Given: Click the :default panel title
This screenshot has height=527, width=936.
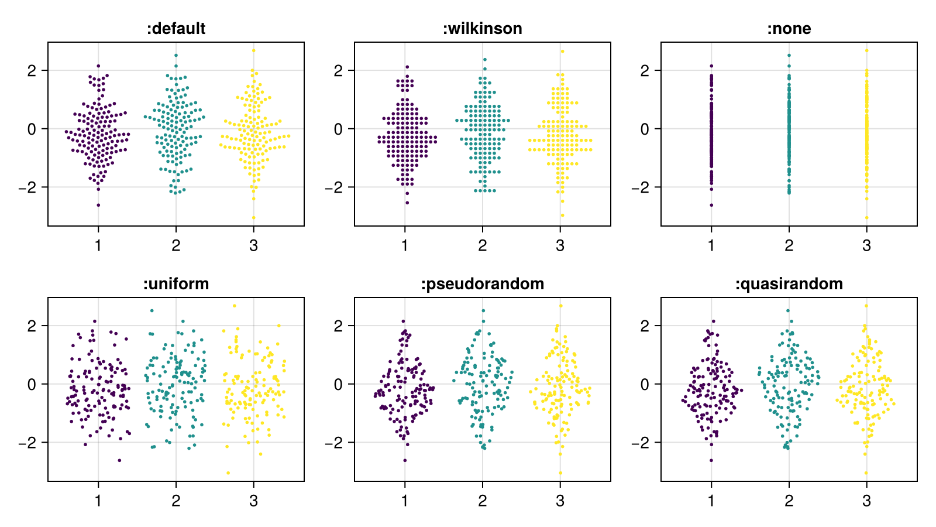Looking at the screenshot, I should (175, 29).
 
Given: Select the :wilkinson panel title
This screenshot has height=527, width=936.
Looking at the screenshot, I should (482, 29).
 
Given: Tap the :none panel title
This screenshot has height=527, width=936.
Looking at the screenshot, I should (789, 29).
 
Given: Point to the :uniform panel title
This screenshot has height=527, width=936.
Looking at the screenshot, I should (175, 284).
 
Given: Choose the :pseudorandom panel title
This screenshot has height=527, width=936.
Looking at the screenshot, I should (482, 284).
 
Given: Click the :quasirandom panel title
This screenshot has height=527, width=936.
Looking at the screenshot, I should (789, 284).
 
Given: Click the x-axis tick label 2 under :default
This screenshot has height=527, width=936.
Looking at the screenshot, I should (175, 245).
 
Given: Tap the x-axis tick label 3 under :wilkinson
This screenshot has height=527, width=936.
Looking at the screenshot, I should (560, 245).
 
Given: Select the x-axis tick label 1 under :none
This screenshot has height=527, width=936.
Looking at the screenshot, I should (711, 245).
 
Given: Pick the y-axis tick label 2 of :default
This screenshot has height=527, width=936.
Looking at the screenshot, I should (31, 70).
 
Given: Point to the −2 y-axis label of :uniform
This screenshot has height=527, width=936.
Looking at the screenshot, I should (27, 443).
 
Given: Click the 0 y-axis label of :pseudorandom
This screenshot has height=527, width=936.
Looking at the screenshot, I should (338, 384).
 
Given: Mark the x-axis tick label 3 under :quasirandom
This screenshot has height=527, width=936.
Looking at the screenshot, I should (866, 501).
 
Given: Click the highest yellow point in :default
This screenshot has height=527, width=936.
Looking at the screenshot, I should (253, 50).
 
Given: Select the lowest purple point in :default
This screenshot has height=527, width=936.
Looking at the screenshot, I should (98, 205).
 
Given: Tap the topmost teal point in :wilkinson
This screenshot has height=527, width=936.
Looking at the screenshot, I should (484, 59).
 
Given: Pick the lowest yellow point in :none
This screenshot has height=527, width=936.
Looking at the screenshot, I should (866, 218).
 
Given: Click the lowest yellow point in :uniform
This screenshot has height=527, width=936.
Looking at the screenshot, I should (228, 473).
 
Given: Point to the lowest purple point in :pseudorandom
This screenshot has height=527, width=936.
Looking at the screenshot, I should (405, 460).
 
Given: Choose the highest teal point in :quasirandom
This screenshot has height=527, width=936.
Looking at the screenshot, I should (788, 311).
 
